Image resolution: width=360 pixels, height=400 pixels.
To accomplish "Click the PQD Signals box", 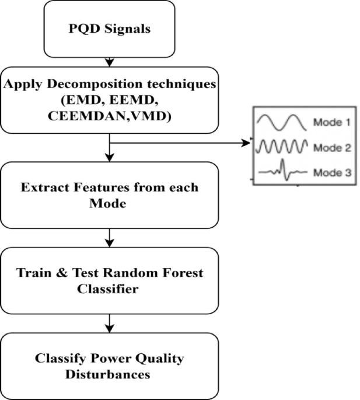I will click(x=109, y=27).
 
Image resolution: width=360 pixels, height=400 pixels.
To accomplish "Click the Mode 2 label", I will click(x=331, y=147).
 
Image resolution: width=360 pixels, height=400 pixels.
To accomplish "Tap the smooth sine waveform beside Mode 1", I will click(x=282, y=122).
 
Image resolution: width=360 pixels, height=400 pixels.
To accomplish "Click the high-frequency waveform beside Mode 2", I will click(x=282, y=147).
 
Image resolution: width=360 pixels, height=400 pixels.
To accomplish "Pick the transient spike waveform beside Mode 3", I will click(x=282, y=172).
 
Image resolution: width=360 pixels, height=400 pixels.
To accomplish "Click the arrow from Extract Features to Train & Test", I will click(x=109, y=238).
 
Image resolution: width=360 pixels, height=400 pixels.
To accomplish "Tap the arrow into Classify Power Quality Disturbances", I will click(x=109, y=324).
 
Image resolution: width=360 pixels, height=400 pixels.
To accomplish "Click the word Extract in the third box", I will click(x=45, y=188).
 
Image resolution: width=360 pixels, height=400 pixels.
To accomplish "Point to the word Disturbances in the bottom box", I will click(x=109, y=374).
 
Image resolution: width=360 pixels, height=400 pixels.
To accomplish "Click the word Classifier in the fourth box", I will click(x=109, y=288).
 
